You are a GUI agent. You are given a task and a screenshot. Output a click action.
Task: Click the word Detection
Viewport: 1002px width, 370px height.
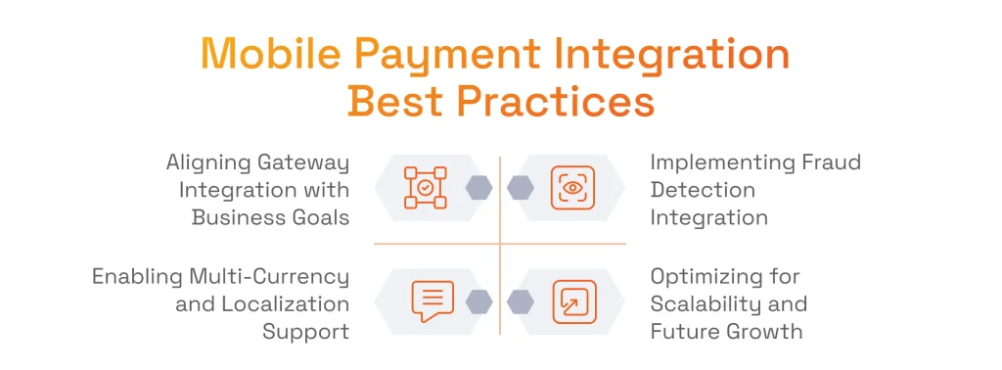(703, 189)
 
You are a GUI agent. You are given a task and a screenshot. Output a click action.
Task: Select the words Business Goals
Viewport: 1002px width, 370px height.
(270, 216)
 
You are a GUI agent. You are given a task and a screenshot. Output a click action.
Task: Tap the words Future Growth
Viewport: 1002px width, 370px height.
(726, 331)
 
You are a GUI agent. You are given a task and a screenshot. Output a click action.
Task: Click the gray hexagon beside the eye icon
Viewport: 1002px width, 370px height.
(521, 187)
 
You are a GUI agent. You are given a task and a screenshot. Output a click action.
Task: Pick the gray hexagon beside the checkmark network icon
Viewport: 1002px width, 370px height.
(478, 187)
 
